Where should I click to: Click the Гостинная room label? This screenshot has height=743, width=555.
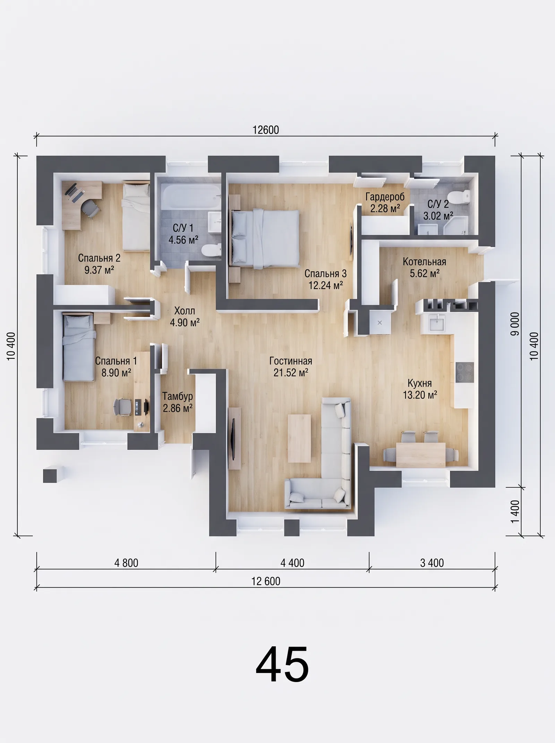point(291,361)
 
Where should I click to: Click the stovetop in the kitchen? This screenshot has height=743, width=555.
point(464,372)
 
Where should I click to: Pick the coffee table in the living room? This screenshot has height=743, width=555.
point(299,438)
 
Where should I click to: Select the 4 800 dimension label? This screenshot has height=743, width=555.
point(126,563)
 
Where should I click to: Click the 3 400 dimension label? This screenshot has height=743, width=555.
point(432,563)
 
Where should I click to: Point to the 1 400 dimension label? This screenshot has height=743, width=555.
point(515,511)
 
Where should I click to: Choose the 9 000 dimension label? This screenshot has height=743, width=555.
point(515,324)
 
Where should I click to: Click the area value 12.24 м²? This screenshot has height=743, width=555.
point(326,285)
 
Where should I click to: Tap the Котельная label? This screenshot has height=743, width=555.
point(424,262)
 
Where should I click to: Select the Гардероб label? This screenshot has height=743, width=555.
point(385,197)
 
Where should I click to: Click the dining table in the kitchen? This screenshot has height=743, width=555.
point(421,455)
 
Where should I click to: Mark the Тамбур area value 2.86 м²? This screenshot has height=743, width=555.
point(178,408)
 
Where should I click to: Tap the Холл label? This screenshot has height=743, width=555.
point(185,311)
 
